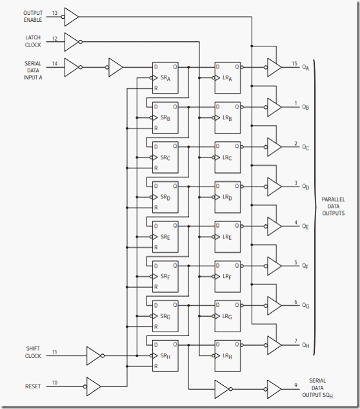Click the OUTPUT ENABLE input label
tap(33, 16)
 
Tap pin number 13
tap(55, 13)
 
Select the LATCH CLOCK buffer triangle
tap(72, 42)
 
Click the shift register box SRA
tap(165, 77)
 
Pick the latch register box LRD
tap(228, 197)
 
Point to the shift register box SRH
tap(165, 355)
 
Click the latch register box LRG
tap(228, 316)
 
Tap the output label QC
tap(305, 147)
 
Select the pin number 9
tap(296, 385)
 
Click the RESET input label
tap(33, 386)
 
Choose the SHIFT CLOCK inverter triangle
tap(94, 355)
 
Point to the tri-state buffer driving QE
tap(274, 226)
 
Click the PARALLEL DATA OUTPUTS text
tap(333, 206)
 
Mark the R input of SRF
tap(156, 287)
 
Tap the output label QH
tap(305, 345)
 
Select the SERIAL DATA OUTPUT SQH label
tap(317, 388)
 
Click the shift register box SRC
tap(165, 157)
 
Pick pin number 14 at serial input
tap(55, 63)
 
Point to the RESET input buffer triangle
tap(94, 386)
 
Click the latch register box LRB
tap(228, 117)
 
